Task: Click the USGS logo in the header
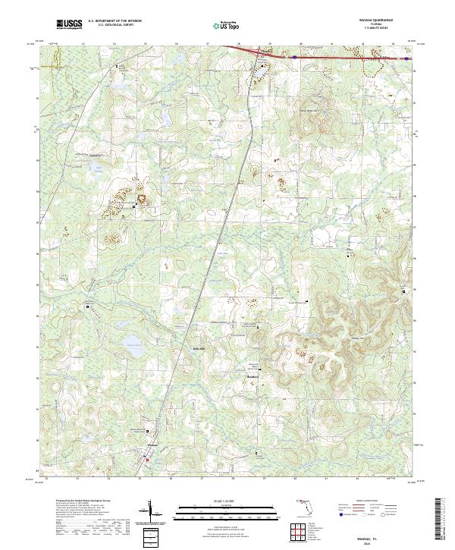pos(69,24)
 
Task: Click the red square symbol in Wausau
pos(147,459)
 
